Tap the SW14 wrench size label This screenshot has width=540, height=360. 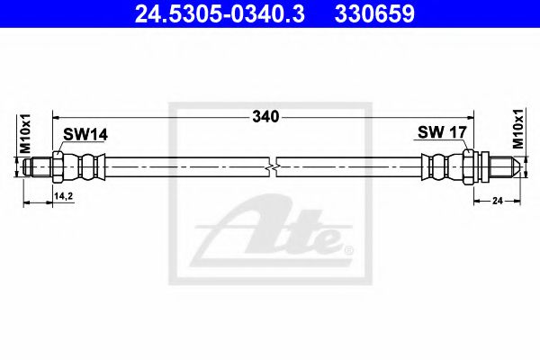click(85, 134)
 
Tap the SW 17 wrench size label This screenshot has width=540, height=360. click(441, 132)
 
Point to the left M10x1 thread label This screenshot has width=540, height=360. click(26, 134)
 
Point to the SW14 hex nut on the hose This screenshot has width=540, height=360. click(58, 166)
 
